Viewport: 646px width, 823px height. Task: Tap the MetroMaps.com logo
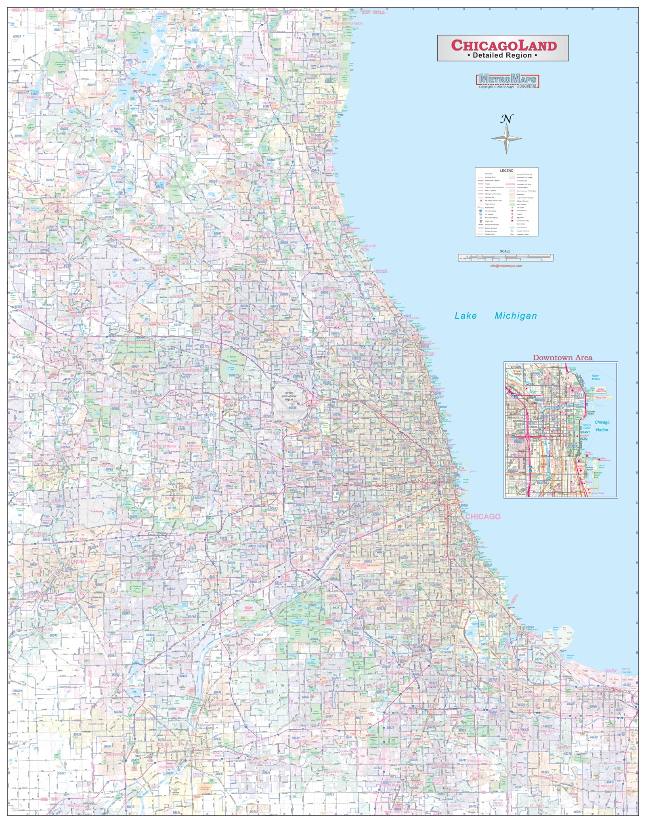pyautogui.click(x=508, y=80)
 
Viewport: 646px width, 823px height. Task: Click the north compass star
pyautogui.click(x=506, y=138)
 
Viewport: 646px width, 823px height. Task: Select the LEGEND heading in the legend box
pyautogui.click(x=506, y=170)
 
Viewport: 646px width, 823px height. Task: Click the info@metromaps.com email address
pyautogui.click(x=505, y=266)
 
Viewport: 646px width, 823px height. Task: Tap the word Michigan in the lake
pyautogui.click(x=516, y=316)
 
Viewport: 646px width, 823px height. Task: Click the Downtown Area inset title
pyautogui.click(x=562, y=358)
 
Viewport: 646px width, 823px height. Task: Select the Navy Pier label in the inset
pyautogui.click(x=601, y=398)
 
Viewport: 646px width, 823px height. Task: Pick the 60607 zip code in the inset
pyautogui.click(x=519, y=442)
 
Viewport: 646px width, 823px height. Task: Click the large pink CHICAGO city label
pyautogui.click(x=482, y=516)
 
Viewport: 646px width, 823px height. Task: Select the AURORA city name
pyautogui.click(x=77, y=562)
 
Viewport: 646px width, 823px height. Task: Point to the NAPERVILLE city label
pyautogui.click(x=147, y=575)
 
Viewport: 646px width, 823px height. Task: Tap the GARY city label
pyautogui.click(x=610, y=671)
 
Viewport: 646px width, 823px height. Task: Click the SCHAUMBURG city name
pyautogui.click(x=188, y=370)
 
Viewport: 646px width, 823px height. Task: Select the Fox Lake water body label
pyautogui.click(x=152, y=75)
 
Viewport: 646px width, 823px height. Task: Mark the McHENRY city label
pyautogui.click(x=65, y=126)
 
